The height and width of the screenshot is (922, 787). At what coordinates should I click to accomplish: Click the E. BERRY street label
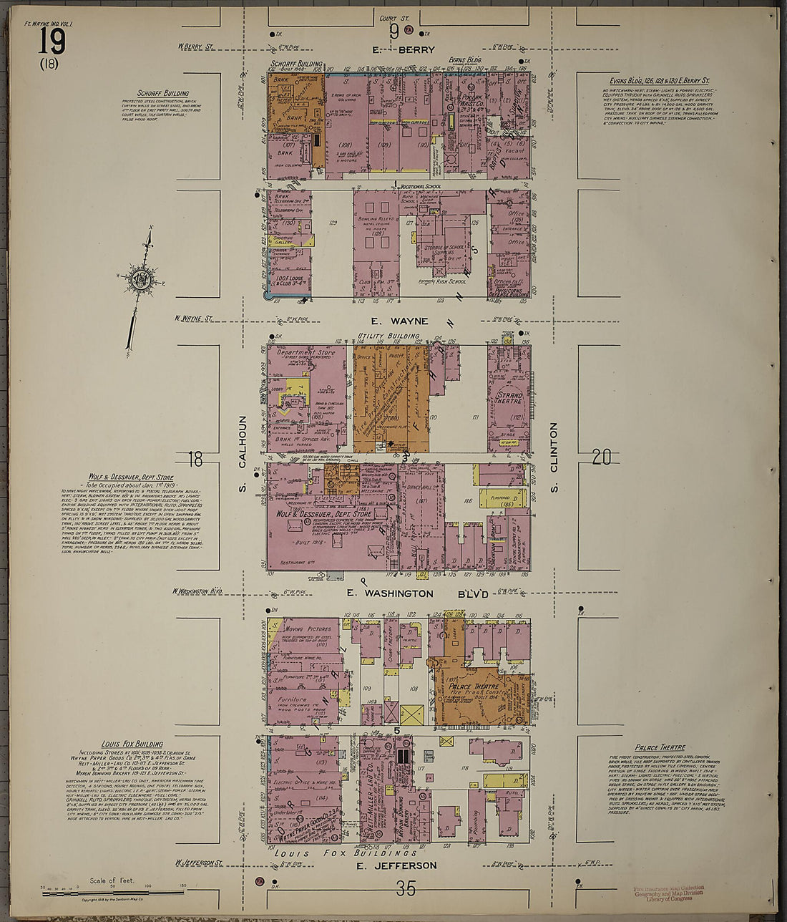[x=394, y=49]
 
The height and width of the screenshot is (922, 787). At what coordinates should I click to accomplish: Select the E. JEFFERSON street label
[x=396, y=865]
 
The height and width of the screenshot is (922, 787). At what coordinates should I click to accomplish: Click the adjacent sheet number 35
[x=405, y=889]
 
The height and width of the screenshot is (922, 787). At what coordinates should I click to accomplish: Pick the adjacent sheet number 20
[x=602, y=457]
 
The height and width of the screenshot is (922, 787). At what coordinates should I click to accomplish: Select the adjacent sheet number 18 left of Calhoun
[x=195, y=458]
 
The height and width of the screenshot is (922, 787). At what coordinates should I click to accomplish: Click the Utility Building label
[x=393, y=335]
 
